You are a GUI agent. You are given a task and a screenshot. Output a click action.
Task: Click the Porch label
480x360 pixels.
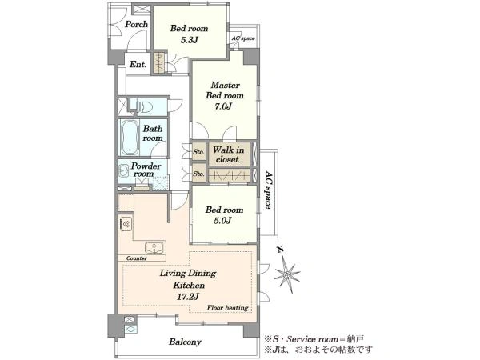(x=136, y=24)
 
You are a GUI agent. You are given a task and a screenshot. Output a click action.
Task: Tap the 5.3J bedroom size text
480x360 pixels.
(x=189, y=40)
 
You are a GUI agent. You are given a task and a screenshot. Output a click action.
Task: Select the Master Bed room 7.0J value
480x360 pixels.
(x=223, y=106)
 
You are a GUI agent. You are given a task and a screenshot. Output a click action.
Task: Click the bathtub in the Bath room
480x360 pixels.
(x=130, y=138)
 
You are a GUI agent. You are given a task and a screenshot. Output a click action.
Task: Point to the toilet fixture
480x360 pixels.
(x=145, y=107)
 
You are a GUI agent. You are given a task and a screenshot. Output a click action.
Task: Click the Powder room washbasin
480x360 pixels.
(x=124, y=171)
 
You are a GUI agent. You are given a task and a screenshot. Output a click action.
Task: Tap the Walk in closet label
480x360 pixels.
(x=228, y=154)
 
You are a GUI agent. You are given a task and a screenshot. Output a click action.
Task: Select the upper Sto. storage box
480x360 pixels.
(x=198, y=151)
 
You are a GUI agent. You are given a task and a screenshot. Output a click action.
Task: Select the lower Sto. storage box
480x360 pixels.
(x=198, y=174)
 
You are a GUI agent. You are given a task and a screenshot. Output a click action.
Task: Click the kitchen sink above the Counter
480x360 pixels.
(x=154, y=247)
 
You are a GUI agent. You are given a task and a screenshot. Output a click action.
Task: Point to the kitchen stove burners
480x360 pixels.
(x=126, y=224)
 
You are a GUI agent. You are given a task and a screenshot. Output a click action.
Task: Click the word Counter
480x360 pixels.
(x=137, y=258)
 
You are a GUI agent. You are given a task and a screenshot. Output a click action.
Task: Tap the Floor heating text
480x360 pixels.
(x=227, y=308)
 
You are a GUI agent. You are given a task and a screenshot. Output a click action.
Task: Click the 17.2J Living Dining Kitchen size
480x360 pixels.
(x=188, y=297)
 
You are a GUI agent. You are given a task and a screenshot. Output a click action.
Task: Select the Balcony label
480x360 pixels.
(x=185, y=342)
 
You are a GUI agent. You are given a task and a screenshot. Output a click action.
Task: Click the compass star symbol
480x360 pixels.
(x=287, y=274)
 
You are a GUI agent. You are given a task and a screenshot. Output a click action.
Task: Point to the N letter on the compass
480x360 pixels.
(x=279, y=249)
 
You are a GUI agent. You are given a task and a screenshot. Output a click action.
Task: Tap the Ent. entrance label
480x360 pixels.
(x=138, y=64)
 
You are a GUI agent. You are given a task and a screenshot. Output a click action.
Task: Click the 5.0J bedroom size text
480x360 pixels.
(x=222, y=221)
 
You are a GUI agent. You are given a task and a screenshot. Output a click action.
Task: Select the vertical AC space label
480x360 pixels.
(x=269, y=190)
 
